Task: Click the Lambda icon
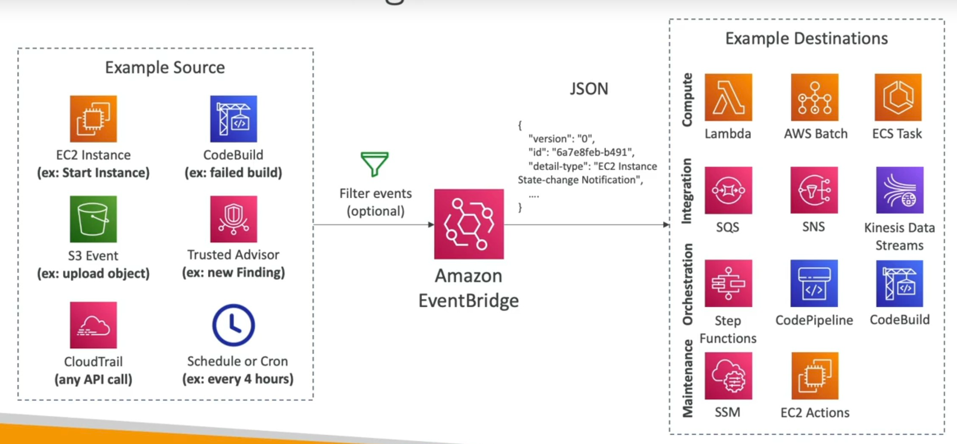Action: tap(728, 97)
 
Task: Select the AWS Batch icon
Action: tap(815, 97)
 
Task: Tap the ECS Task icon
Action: tap(898, 97)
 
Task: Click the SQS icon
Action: tap(728, 190)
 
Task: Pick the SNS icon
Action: tap(814, 190)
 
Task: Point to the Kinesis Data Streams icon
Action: tap(899, 190)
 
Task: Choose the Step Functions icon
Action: tap(728, 283)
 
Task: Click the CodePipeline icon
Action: tap(814, 283)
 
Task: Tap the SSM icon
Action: tap(728, 376)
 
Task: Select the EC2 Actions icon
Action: tap(815, 376)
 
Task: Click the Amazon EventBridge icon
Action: tap(469, 224)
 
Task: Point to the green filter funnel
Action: tap(375, 164)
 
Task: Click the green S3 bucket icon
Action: tap(93, 219)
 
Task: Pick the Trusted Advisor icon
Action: tap(233, 219)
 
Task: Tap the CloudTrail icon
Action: tap(93, 325)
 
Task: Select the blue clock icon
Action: tap(233, 325)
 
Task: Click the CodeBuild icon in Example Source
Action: tap(233, 119)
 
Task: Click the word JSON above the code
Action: tap(589, 89)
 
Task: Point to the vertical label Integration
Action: tap(686, 191)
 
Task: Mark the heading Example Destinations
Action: tap(806, 38)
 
